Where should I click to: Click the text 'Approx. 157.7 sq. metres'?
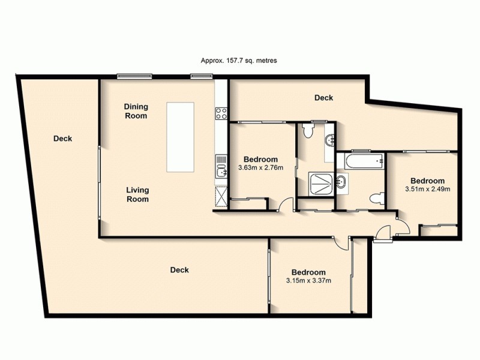(x=238, y=61)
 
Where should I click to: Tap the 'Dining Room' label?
(x=136, y=111)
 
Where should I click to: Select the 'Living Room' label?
(x=137, y=194)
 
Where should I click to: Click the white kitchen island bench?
(x=181, y=136)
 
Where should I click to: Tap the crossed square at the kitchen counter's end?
(x=221, y=196)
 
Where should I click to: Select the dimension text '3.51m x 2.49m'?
(x=427, y=189)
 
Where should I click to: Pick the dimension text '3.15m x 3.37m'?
(x=309, y=280)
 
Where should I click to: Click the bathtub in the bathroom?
(x=360, y=160)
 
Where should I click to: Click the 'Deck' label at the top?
(x=323, y=98)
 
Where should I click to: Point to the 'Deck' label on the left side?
(x=62, y=139)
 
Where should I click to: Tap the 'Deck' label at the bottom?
(x=179, y=270)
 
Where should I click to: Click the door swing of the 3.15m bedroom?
(x=341, y=242)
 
